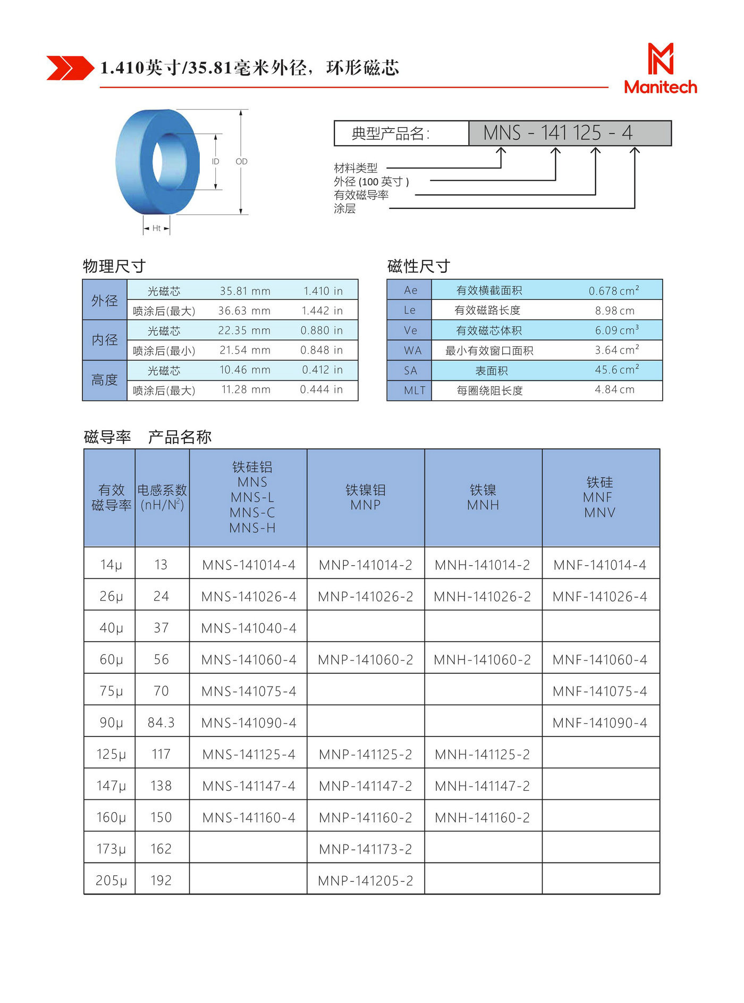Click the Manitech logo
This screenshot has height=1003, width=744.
click(x=660, y=69)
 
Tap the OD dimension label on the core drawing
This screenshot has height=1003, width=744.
click(x=241, y=161)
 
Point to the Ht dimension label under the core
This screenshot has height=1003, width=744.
click(x=156, y=228)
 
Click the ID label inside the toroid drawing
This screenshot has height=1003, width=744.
click(x=215, y=161)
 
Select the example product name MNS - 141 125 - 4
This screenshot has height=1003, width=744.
click(x=558, y=133)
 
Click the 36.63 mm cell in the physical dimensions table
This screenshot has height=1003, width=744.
click(x=244, y=311)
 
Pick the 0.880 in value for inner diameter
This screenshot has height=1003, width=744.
click(x=322, y=330)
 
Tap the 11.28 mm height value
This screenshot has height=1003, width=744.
click(x=246, y=390)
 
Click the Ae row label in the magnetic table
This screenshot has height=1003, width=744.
click(x=410, y=290)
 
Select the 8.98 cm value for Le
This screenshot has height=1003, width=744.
click(x=614, y=311)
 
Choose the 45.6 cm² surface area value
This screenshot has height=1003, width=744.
click(x=616, y=370)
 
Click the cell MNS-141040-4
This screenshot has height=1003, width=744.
click(x=249, y=628)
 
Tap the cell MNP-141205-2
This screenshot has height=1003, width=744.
click(x=366, y=881)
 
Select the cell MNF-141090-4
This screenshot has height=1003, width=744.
click(x=600, y=723)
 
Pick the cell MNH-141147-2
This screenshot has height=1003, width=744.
click(x=483, y=786)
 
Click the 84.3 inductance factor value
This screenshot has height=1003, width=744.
click(x=161, y=723)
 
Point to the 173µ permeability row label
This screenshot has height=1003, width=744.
click(x=111, y=849)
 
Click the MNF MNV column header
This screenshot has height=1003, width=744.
click(x=599, y=497)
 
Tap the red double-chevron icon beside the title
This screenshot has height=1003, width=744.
click(x=70, y=68)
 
